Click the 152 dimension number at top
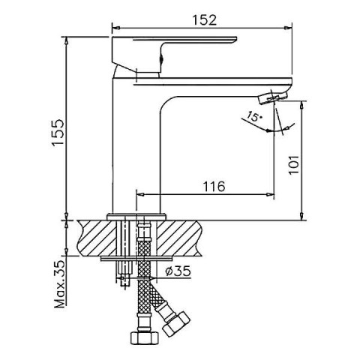click(x=204, y=20)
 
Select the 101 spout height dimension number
click(x=294, y=165)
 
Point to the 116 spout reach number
click(x=214, y=186)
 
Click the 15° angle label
click(x=255, y=116)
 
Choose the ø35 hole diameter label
click(x=178, y=271)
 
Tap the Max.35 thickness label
click(x=59, y=284)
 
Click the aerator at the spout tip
click(x=273, y=97)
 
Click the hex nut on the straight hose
click(x=145, y=337)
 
